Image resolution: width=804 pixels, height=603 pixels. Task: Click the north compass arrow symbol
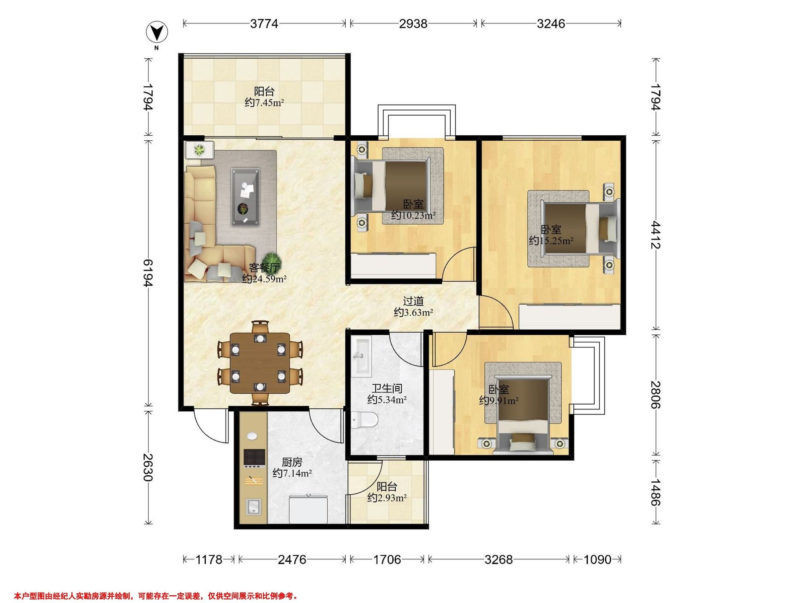pos(157,33)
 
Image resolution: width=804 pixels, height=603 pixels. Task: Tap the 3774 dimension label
pos(264,24)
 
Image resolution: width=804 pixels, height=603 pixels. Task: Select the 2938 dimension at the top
pos(413,24)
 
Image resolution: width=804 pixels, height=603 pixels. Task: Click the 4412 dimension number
pos(655,234)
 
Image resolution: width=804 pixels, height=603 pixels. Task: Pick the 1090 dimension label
pos(597,559)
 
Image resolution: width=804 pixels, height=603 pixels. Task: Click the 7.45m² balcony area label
pos(264,103)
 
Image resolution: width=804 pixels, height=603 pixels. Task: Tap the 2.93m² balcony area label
pos(387,497)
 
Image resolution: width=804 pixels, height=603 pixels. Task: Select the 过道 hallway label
pos(413,301)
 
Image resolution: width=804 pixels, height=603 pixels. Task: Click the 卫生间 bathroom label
pos(387,389)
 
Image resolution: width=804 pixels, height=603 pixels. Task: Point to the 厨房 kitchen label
pos(292,462)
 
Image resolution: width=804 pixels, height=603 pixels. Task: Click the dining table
pos(260,363)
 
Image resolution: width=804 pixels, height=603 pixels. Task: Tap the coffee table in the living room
pos(246,197)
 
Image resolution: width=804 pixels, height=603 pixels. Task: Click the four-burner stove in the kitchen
pos(254,458)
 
